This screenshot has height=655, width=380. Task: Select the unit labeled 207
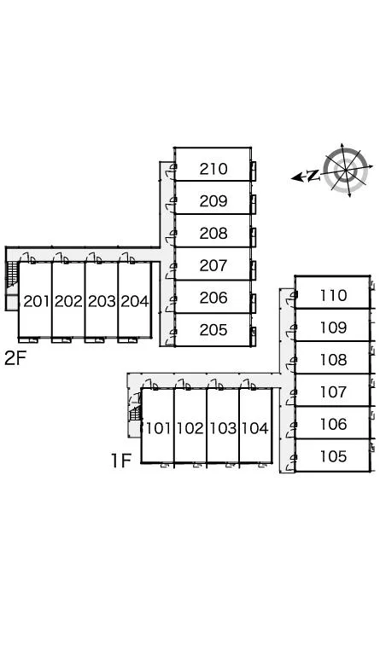click(213, 265)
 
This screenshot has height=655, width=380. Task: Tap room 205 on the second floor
click(213, 330)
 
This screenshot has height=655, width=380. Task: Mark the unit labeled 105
click(333, 456)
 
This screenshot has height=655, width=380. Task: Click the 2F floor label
click(15, 358)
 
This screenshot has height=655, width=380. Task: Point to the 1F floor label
click(121, 461)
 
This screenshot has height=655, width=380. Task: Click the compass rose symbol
click(346, 170)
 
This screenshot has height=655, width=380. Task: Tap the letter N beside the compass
click(313, 176)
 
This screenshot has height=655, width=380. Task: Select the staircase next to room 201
click(13, 274)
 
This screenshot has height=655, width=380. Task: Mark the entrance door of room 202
click(61, 258)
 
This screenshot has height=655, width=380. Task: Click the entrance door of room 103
click(216, 385)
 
